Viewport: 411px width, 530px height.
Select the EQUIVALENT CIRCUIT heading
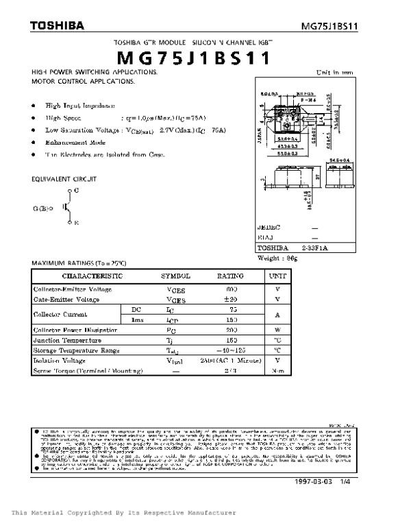coord(64,178)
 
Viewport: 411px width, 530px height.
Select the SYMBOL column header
coord(175,276)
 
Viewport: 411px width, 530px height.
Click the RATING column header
coord(230,276)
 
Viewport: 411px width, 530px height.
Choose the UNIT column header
coord(277,276)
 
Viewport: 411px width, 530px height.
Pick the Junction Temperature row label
coord(67,340)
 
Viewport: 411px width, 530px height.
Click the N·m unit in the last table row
coord(277,370)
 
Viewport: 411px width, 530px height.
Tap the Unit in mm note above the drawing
coord(335,72)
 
